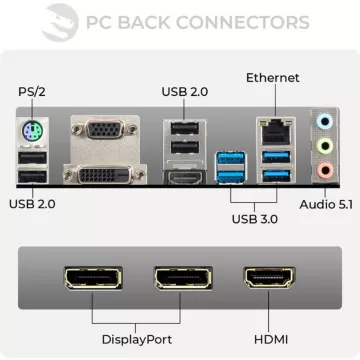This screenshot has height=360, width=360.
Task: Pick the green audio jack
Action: (323, 146)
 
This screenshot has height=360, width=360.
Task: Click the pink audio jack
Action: (323, 169)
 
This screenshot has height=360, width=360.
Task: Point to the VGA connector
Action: (98, 132)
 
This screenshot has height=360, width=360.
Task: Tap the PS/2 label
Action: (32, 93)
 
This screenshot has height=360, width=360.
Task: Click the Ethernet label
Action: (272, 76)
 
